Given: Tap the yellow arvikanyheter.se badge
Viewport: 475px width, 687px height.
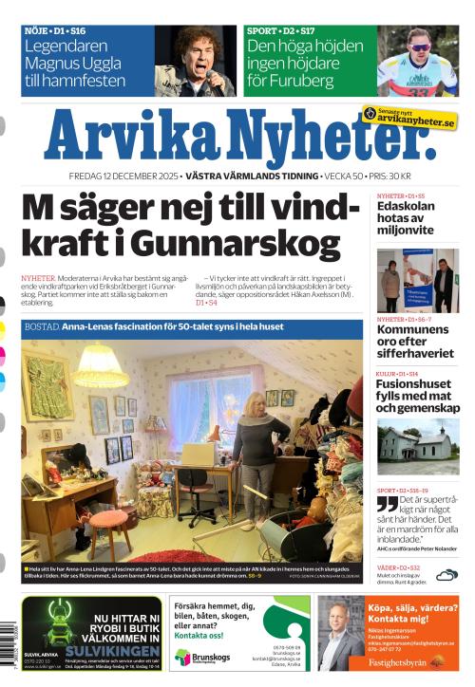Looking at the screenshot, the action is (x=409, y=118).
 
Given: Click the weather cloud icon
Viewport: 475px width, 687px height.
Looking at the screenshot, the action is (x=446, y=574).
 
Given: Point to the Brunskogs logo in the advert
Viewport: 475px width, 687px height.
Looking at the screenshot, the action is (x=197, y=657).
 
